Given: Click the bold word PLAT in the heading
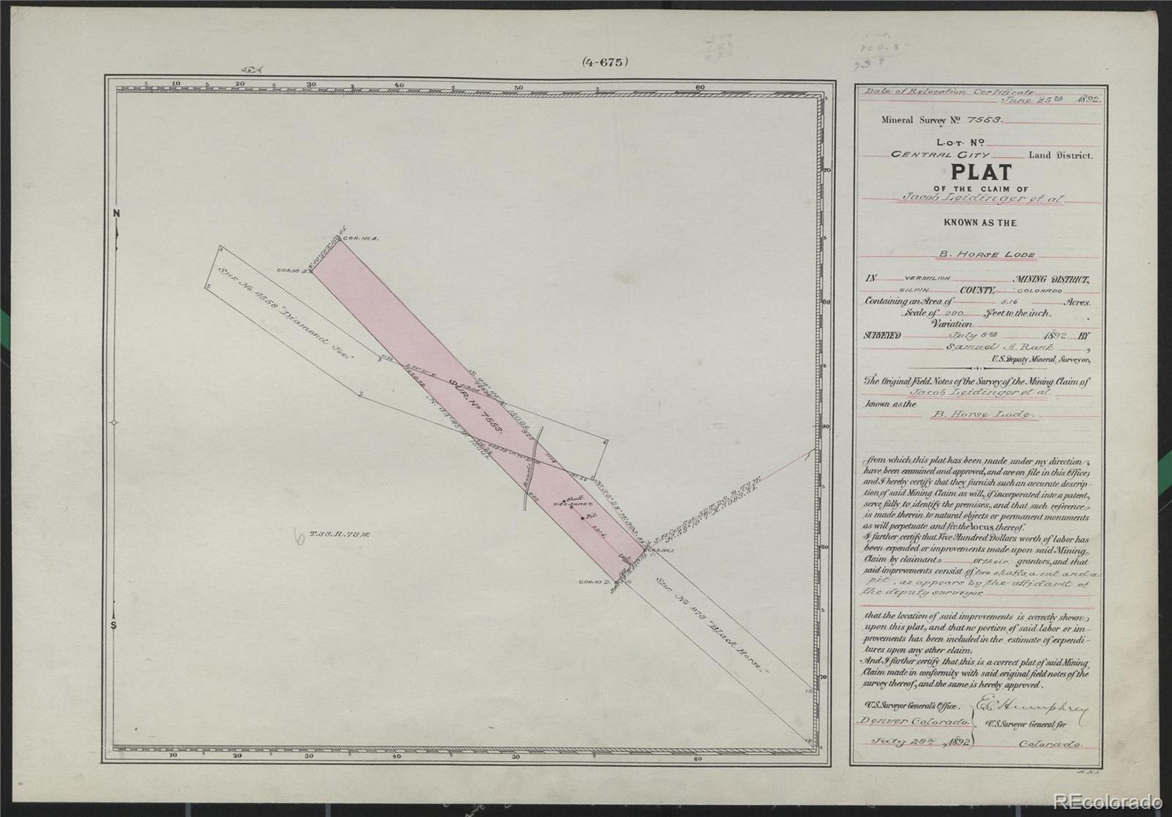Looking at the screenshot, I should pos(981,173).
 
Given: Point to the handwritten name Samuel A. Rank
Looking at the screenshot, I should pos(979,347).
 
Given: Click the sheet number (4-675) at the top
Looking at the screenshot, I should pos(605,62).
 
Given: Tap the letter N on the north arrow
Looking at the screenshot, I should pos(116,213).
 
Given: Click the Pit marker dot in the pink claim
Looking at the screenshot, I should pos(582,518).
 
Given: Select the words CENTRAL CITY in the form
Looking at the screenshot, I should pos(940,155).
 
